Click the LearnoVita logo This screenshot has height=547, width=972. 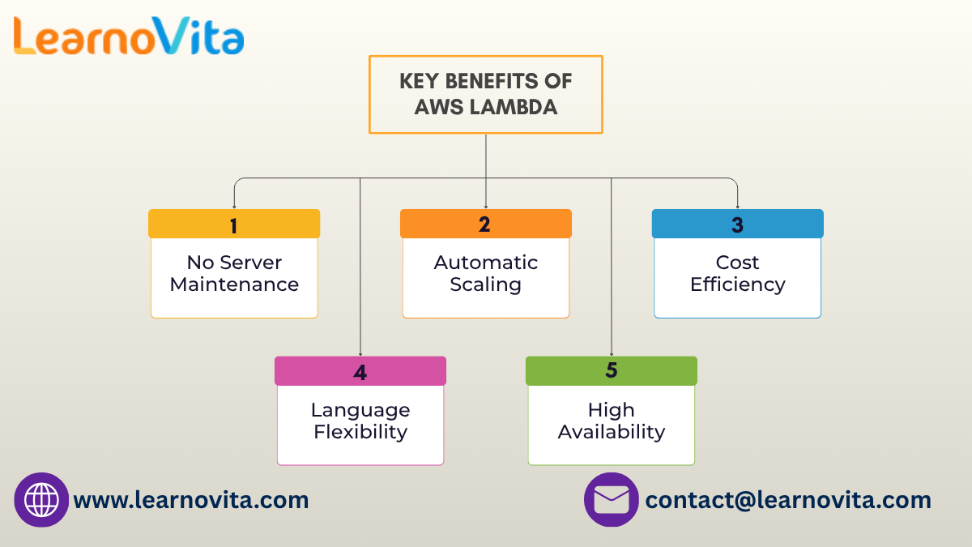pos(128,36)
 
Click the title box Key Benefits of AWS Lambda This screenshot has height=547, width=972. pos(485,94)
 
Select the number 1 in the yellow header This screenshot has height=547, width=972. pos(234,224)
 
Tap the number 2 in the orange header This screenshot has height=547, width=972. pos(484,224)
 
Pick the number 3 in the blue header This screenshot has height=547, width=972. pos(737,224)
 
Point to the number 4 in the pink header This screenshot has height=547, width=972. pos(360,372)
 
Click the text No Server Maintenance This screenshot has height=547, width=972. pos(234,274)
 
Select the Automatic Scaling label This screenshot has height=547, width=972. pos(485,274)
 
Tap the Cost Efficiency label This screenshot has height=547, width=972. pos(737,274)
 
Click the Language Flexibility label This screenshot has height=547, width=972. pos(360,421)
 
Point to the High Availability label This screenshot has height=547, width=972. pos(612,421)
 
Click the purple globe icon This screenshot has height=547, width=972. pos(41,500)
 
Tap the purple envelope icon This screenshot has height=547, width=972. pos(612,500)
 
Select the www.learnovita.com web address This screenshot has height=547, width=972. pos(191,500)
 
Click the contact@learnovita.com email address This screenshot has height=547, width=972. pos(788,500)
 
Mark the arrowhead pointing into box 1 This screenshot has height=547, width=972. pos(234,206)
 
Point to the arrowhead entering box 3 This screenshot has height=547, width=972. pos(737,206)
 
